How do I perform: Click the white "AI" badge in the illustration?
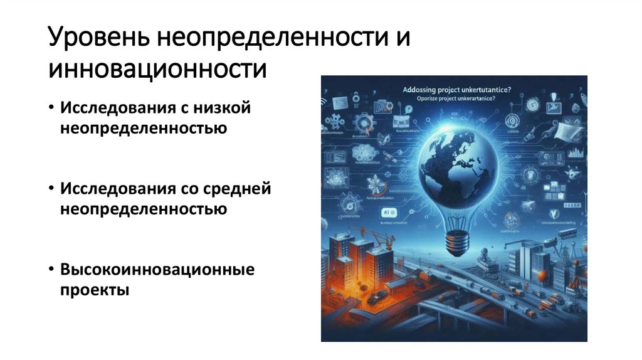pyautogui.click(x=386, y=213)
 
